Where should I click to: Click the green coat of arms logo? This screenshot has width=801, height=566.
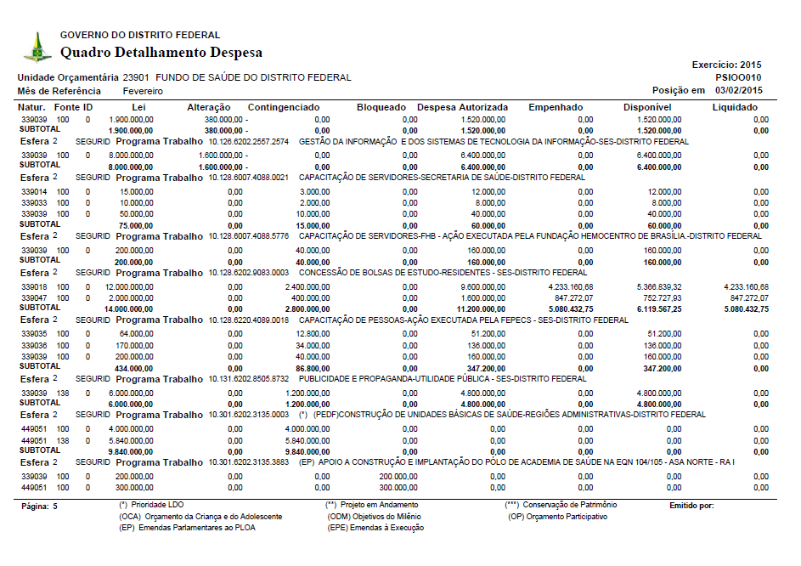pos(37,47)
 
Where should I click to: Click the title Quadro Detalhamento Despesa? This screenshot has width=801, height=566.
pos(161,53)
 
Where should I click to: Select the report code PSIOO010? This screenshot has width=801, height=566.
pos(738,77)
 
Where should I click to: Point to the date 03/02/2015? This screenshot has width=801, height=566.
pos(738,90)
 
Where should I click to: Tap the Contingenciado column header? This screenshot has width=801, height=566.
pos(284,108)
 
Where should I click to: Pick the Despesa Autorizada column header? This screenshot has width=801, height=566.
pos(463,108)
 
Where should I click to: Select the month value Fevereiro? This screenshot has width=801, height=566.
pos(144,91)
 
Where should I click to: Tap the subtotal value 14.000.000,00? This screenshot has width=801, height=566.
pos(130,309)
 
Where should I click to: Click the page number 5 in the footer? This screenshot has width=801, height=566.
pos(55,506)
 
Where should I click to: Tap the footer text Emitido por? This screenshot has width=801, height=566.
pos(691,506)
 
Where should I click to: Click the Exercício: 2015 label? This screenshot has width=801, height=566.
pos(727,65)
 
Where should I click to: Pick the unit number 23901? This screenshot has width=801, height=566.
pos(137,77)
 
